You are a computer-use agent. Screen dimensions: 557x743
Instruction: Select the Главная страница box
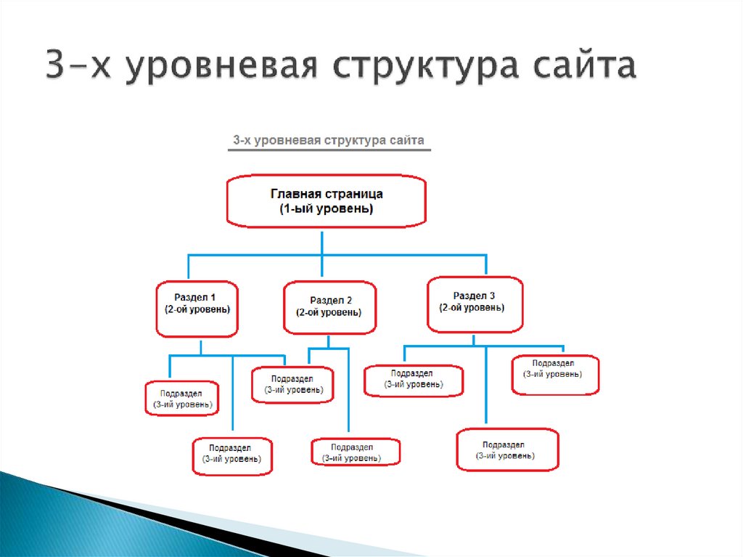pos(326,201)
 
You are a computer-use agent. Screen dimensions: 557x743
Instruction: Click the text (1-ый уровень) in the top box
pos(327,209)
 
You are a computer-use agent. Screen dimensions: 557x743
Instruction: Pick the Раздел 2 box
pos(330,306)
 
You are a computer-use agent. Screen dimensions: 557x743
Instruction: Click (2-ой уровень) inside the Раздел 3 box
pos(474,308)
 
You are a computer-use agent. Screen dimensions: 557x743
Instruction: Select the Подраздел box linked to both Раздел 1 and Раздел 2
pos(293,384)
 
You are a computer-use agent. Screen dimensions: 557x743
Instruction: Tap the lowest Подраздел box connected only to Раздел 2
pos(356,452)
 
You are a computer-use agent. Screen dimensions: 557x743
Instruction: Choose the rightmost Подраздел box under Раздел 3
pos(555,374)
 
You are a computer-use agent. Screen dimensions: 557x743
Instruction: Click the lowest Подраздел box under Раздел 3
pos(507,450)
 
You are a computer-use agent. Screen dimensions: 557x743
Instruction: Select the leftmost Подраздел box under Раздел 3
pos(414,379)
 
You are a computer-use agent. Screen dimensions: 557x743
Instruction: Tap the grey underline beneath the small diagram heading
pos(329,150)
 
